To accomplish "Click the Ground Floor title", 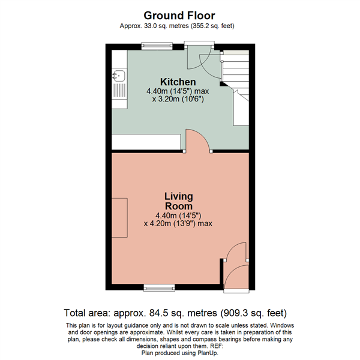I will [x=180, y=14].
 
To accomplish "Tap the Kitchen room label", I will [x=177, y=82].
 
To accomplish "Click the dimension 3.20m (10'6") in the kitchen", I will [x=178, y=99].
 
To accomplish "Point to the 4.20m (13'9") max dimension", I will [x=178, y=223].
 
